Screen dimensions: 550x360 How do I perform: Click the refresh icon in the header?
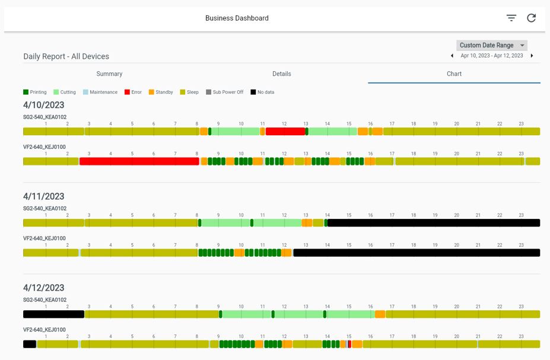tap(532, 18)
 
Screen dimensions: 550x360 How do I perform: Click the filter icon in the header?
tap(511, 18)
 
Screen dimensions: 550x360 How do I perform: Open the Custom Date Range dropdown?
tap(491, 45)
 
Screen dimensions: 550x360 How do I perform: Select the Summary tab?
tap(109, 74)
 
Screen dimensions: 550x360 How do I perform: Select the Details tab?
tap(282, 74)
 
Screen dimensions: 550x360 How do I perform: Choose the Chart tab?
tap(454, 74)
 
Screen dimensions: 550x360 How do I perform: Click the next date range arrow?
tap(532, 56)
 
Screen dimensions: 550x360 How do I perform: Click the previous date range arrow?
tap(452, 56)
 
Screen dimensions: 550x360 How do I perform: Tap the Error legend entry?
tap(133, 92)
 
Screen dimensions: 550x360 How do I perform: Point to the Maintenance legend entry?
tap(100, 92)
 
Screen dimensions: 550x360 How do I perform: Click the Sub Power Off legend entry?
tap(224, 92)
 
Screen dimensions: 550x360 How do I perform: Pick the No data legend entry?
tap(262, 92)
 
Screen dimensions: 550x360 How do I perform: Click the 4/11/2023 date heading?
tap(44, 196)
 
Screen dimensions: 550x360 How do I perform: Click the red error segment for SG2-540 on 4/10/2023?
tap(285, 132)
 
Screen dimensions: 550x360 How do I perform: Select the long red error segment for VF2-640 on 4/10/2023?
tap(139, 161)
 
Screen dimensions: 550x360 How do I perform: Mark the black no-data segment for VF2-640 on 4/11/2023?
tap(417, 253)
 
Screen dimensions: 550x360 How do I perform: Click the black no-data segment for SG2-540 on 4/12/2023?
tap(53, 314)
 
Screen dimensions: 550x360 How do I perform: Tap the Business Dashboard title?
tap(237, 18)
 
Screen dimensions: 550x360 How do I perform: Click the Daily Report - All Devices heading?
tap(66, 56)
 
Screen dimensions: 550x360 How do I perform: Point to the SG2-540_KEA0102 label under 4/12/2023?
tap(45, 300)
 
